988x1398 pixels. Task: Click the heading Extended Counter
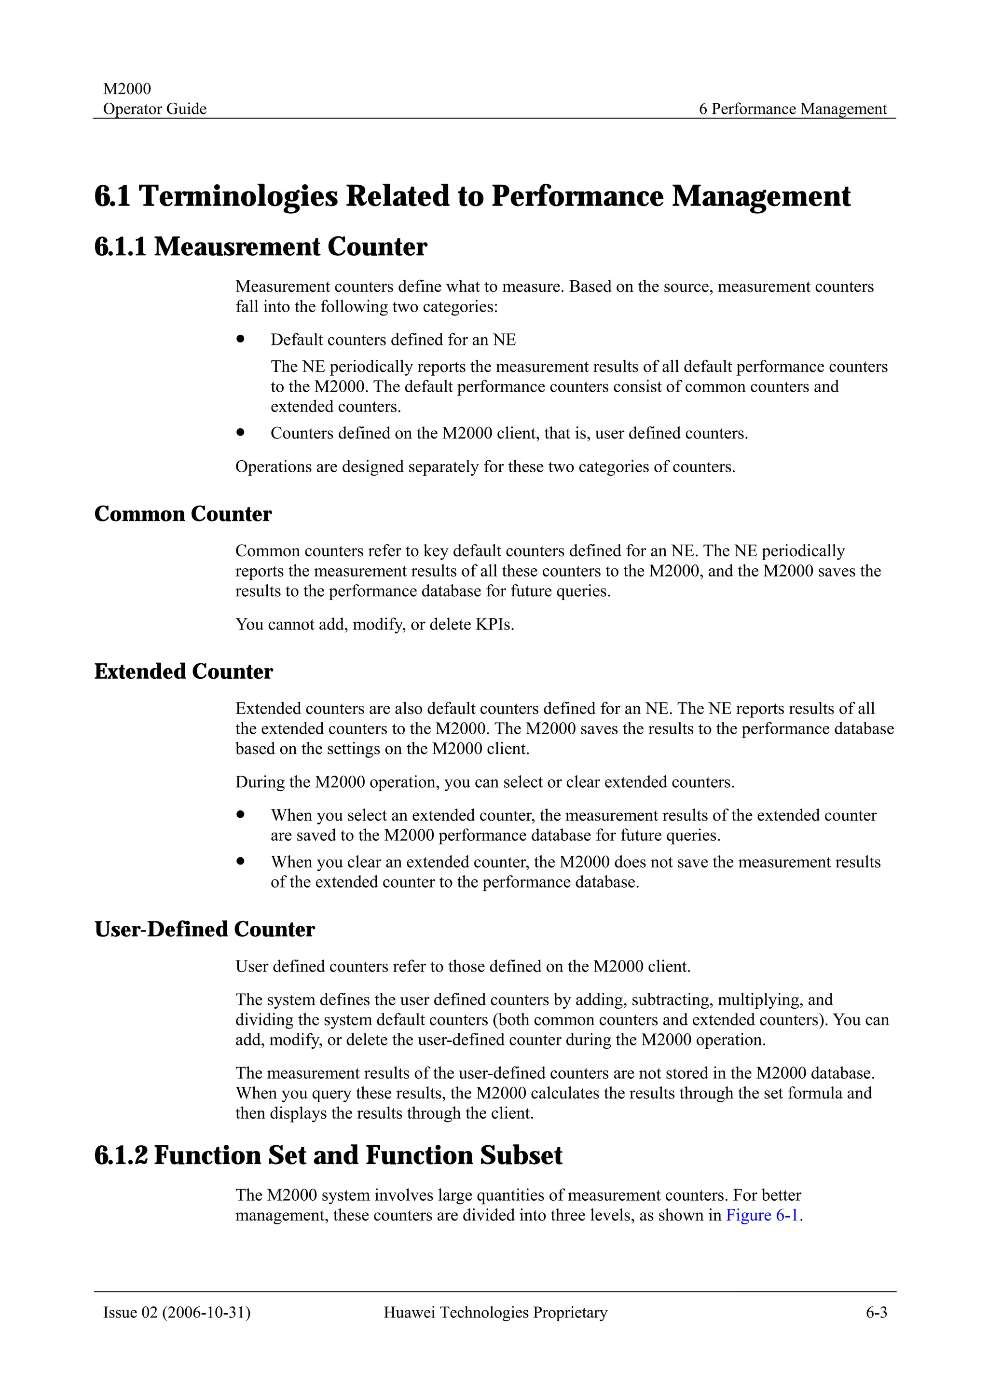pos(183,672)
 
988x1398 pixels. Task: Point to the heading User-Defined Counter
pos(205,929)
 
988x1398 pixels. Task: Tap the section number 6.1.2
pos(121,1156)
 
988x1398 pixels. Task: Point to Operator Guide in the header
pos(155,109)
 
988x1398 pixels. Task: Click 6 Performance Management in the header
pos(793,109)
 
